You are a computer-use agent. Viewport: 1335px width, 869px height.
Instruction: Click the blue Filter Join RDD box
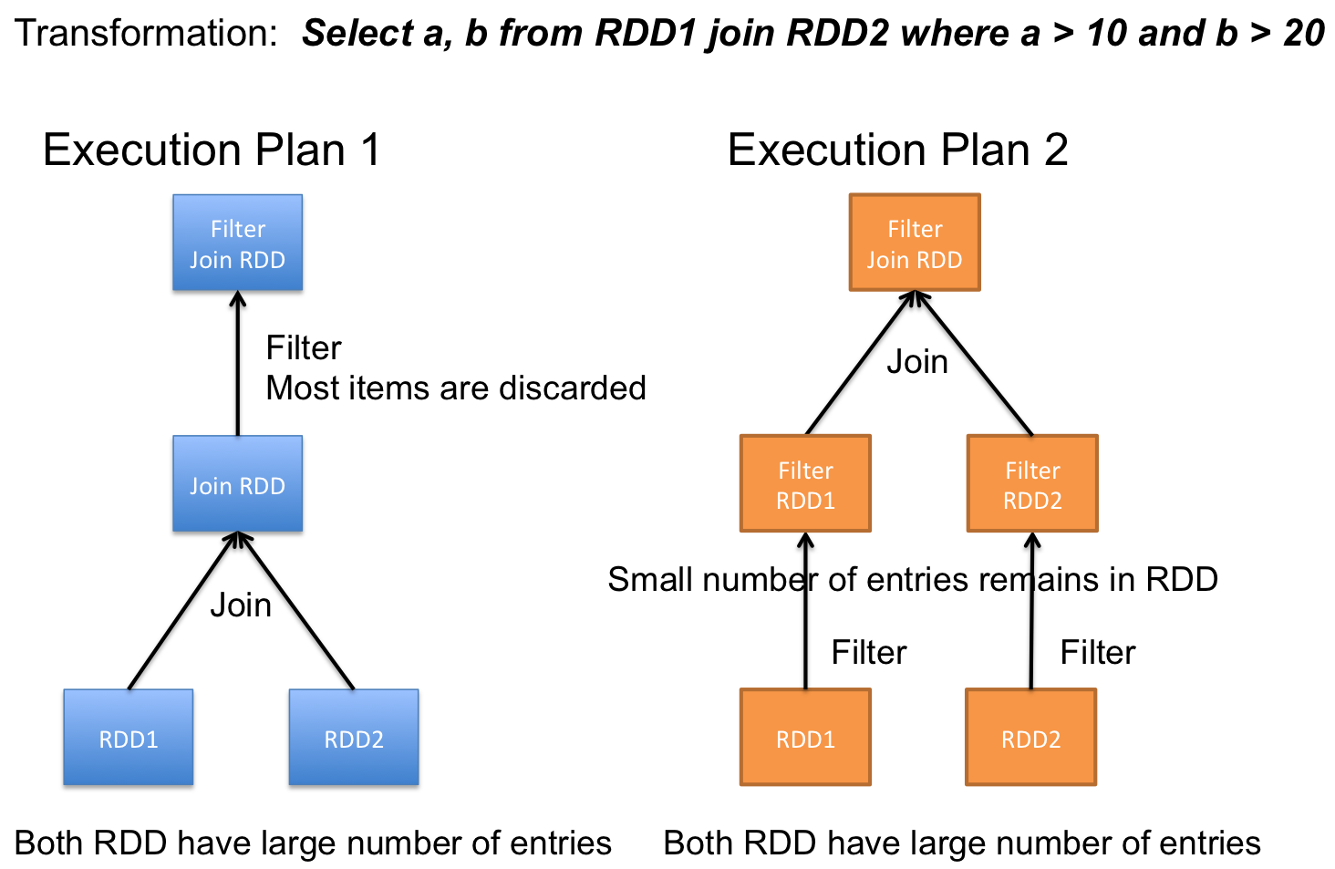click(238, 243)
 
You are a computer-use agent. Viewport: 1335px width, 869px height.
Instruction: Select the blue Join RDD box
click(238, 483)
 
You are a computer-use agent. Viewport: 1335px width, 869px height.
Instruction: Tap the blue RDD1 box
click(129, 738)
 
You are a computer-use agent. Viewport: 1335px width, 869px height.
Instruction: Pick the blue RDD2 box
click(354, 738)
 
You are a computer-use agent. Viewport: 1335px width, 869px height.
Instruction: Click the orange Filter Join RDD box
click(915, 243)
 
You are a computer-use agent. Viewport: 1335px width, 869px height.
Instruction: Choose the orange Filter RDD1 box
click(806, 483)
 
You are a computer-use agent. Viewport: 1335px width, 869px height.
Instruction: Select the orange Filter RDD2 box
click(1033, 483)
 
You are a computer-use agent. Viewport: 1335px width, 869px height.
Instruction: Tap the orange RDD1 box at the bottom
click(806, 738)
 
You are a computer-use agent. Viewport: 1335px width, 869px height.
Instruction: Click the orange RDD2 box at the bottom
click(1031, 738)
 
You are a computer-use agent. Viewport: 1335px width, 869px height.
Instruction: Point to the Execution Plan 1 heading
click(212, 150)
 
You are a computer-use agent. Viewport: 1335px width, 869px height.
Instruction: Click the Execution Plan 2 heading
click(897, 150)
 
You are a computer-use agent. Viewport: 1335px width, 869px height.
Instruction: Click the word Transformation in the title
click(146, 33)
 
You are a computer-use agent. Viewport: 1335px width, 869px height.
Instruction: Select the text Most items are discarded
click(456, 388)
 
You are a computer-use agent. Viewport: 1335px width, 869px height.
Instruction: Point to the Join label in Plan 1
click(241, 605)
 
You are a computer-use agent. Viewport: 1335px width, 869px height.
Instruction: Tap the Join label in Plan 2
click(917, 362)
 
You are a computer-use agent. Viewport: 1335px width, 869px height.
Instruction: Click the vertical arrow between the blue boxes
click(238, 363)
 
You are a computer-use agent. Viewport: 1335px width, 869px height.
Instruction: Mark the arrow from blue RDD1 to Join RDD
click(183, 610)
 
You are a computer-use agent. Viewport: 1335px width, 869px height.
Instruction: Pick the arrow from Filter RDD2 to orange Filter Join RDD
click(973, 363)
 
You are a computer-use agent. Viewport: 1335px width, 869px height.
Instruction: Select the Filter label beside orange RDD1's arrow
click(869, 652)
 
